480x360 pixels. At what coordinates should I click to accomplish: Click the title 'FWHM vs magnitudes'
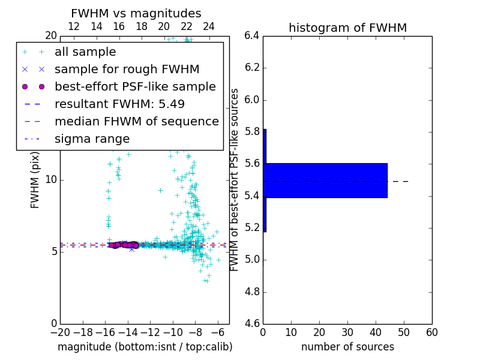click(x=136, y=14)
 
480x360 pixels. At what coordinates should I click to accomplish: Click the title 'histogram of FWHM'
click(x=347, y=28)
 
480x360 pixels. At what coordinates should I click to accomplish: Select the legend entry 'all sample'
click(x=85, y=52)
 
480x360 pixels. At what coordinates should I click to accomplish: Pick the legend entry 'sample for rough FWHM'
click(x=127, y=70)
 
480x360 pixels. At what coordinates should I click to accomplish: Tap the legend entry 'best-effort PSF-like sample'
click(x=135, y=87)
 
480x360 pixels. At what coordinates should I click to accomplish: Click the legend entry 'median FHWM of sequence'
click(x=136, y=121)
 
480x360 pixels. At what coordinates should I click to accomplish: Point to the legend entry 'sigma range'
click(x=92, y=139)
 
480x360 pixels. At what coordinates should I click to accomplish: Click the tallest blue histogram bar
click(x=325, y=180)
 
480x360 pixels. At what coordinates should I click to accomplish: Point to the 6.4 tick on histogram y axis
click(x=251, y=35)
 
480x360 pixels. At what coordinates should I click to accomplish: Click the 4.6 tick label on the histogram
click(x=251, y=324)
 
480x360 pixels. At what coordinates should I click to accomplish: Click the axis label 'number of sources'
click(x=347, y=347)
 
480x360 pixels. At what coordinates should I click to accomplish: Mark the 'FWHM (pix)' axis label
click(x=35, y=180)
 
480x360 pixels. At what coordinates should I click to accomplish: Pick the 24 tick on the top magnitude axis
click(x=209, y=26)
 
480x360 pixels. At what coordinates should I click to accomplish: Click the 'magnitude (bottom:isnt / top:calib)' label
click(x=145, y=347)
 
